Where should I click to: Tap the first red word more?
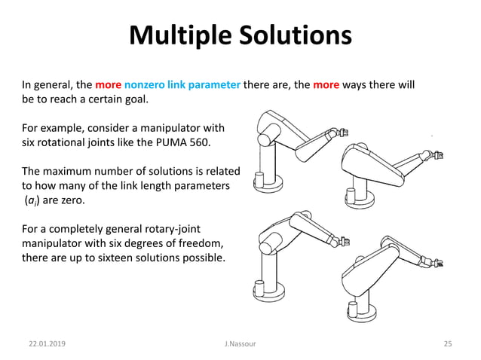[x=109, y=84]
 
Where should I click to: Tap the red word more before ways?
[x=326, y=84]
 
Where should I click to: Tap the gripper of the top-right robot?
[x=438, y=156]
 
